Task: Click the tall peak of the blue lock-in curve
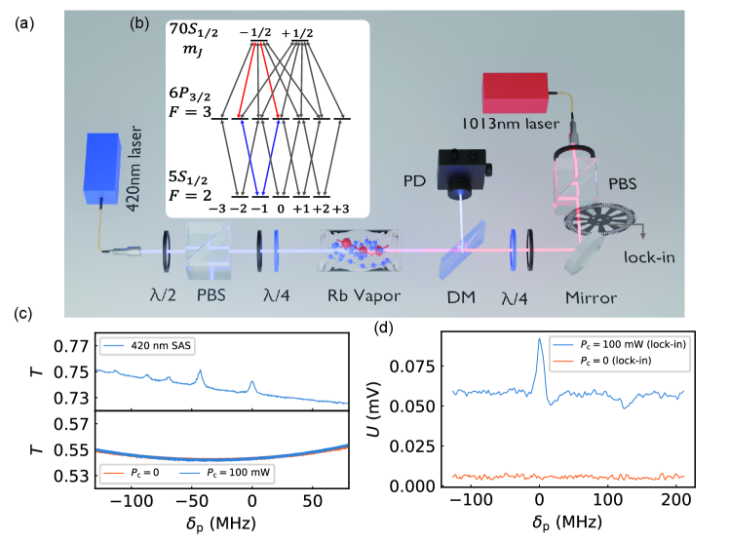540,340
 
